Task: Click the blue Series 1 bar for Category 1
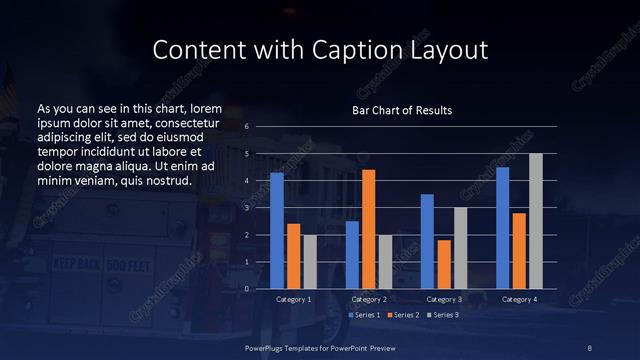[x=277, y=231]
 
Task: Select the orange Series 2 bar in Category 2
[x=368, y=229]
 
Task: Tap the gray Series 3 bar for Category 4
[x=535, y=221]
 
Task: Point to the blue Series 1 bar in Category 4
[x=503, y=228]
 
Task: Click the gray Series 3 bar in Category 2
[x=385, y=261]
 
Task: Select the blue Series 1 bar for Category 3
[x=427, y=241]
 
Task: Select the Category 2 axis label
[x=368, y=300]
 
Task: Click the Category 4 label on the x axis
[x=519, y=300]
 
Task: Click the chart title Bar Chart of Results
[x=402, y=110]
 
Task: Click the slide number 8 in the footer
[x=590, y=347]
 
